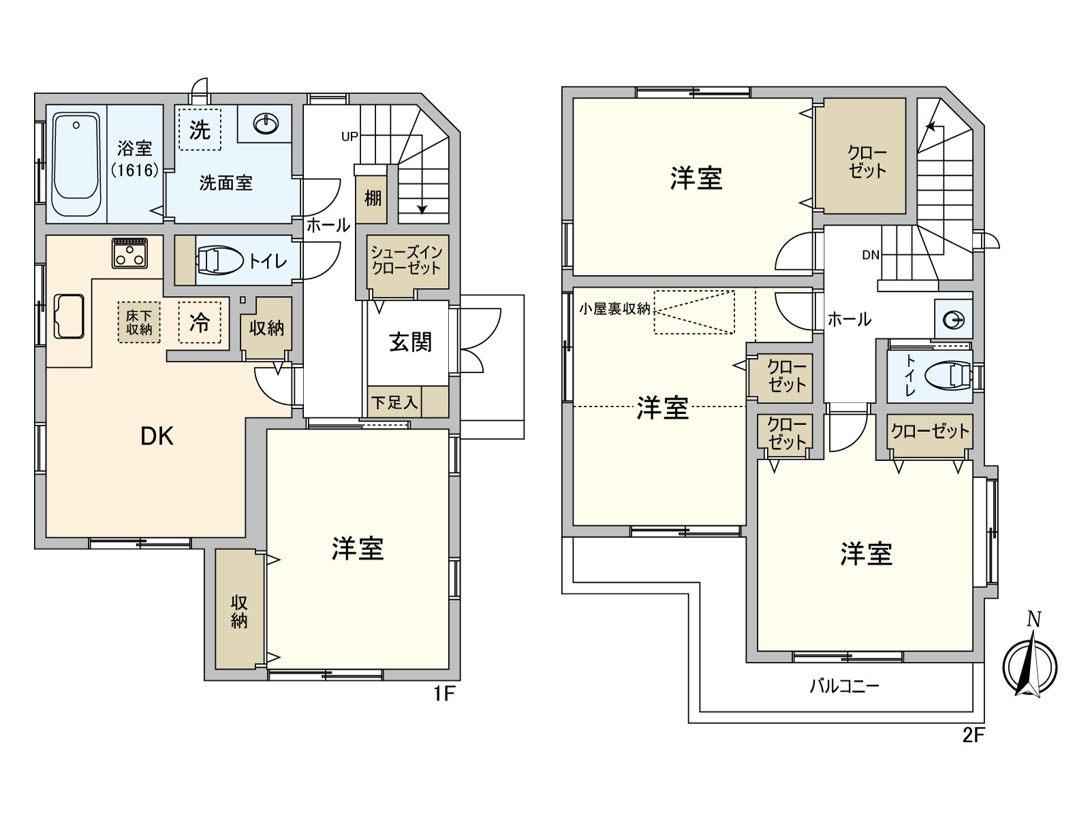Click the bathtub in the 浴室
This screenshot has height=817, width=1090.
tap(76, 165)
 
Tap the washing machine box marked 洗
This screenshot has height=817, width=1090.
tap(200, 129)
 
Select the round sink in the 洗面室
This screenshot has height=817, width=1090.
tap(266, 124)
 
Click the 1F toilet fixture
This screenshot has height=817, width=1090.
tap(220, 261)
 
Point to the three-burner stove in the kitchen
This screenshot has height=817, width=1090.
tap(129, 253)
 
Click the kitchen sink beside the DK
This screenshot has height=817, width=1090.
tap(69, 317)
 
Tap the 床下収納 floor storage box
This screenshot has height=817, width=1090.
tap(139, 322)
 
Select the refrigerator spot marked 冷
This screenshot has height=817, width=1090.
tap(200, 322)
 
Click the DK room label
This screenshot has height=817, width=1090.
tap(157, 436)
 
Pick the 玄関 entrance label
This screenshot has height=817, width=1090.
tap(411, 342)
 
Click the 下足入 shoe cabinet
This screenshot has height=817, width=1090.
tap(394, 402)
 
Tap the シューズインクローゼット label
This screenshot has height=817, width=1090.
tap(407, 259)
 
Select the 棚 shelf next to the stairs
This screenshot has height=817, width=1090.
tap(372, 198)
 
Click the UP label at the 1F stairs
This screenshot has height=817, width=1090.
tap(349, 137)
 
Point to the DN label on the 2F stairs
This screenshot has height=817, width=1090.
tap(871, 255)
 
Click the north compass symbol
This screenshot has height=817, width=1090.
tap(1029, 664)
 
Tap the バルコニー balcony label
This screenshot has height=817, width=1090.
tap(844, 686)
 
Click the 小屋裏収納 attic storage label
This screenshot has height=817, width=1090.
tap(614, 308)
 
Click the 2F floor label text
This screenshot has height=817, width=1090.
tap(974, 735)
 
